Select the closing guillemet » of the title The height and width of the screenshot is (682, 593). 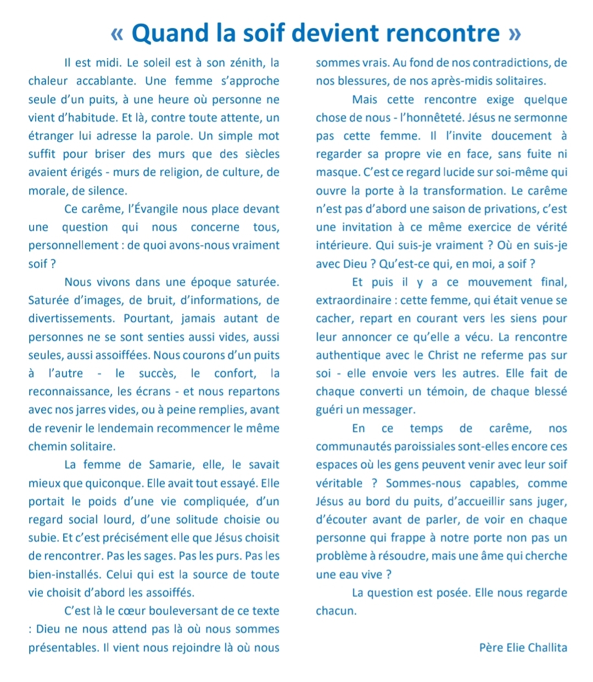(x=514, y=33)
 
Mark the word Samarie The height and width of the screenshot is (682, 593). (x=171, y=465)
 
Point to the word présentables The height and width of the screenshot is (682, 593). (x=64, y=647)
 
